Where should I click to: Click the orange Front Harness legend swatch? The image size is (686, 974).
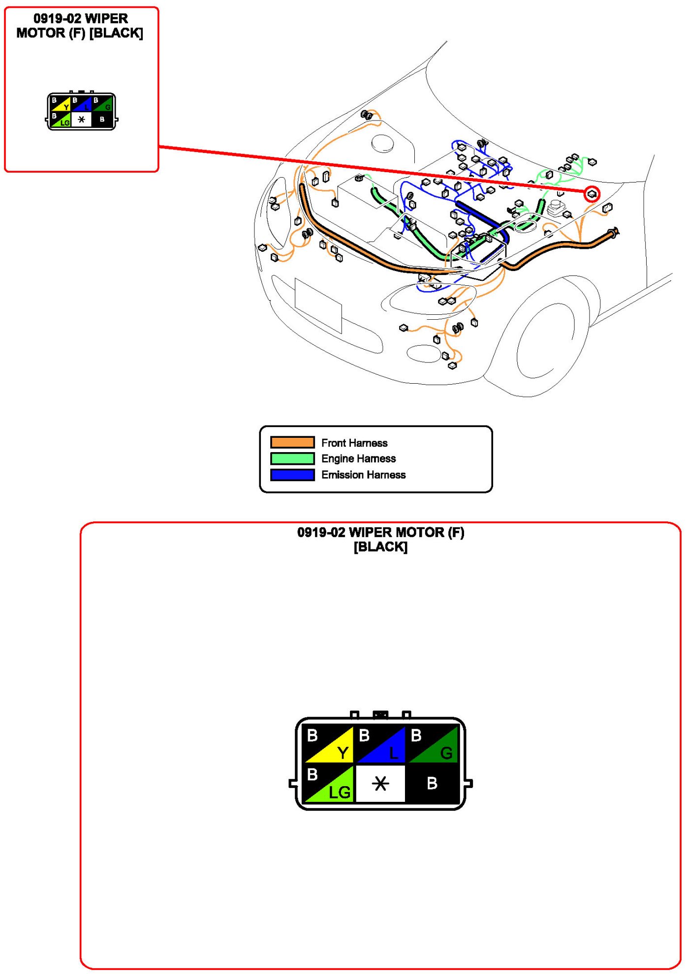(x=292, y=442)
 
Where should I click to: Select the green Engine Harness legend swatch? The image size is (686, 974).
(x=292, y=458)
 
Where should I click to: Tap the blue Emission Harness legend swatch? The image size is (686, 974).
(x=292, y=475)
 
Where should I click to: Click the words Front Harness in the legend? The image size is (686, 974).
(x=354, y=443)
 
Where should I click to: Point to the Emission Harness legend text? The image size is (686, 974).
(x=363, y=475)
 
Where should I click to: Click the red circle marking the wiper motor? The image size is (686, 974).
(x=592, y=194)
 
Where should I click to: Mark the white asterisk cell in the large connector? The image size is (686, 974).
(x=380, y=783)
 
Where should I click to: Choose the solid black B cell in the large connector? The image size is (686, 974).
(x=432, y=783)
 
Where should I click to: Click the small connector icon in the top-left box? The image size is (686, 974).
(x=82, y=112)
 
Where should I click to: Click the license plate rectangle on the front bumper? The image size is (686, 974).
(x=318, y=305)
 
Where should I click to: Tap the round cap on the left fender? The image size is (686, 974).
(x=382, y=143)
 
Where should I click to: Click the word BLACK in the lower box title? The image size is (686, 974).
(x=380, y=547)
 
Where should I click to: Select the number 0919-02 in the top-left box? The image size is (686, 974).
(x=57, y=19)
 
